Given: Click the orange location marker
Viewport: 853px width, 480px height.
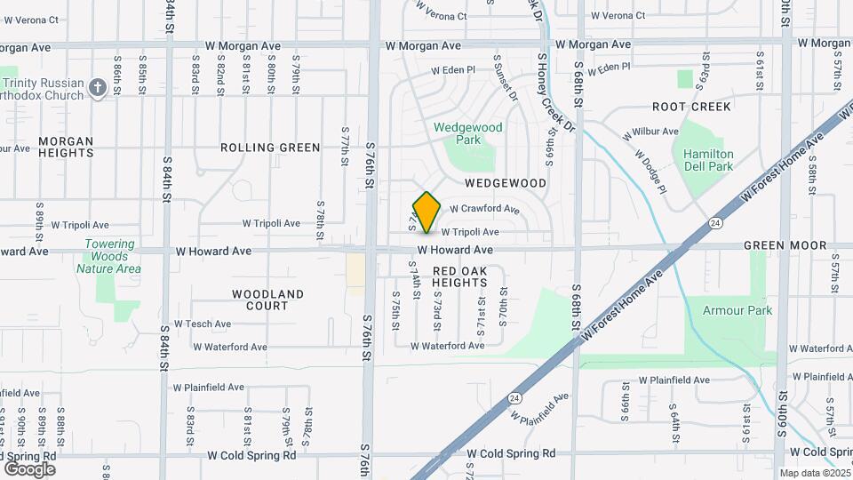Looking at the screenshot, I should click(426, 212).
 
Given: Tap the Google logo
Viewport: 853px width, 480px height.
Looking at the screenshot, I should click(29, 468).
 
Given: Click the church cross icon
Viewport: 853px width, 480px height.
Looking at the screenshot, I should click(98, 90).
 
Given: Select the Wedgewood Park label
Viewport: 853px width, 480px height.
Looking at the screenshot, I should click(468, 133).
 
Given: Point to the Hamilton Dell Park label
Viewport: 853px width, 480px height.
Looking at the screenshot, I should click(708, 160).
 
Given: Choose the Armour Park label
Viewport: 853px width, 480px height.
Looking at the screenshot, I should click(737, 310).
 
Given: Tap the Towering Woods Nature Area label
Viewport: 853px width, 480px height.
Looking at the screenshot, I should click(109, 256).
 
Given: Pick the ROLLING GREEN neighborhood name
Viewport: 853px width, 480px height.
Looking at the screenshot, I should click(270, 148).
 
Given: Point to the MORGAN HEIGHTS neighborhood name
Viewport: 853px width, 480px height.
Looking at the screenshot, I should click(66, 147).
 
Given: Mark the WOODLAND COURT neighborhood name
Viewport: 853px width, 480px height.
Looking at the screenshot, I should click(267, 300).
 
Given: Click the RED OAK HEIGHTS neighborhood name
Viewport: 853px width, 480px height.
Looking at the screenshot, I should click(459, 276).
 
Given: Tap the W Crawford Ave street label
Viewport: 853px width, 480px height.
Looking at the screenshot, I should click(484, 209).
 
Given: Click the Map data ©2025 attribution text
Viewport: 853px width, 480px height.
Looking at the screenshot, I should click(813, 473).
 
